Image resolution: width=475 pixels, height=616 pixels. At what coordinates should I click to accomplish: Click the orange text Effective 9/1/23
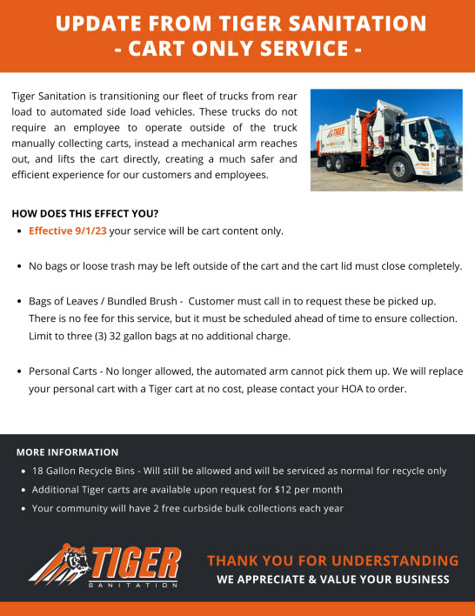[x=68, y=231]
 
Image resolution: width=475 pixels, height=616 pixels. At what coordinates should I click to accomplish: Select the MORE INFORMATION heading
[x=67, y=452]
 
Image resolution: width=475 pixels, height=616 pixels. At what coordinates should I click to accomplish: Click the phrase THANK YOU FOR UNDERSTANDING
[x=332, y=560]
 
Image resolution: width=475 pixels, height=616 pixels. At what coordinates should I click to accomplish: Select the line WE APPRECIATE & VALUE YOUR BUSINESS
[x=333, y=579]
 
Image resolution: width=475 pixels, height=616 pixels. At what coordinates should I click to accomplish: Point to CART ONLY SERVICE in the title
[x=237, y=49]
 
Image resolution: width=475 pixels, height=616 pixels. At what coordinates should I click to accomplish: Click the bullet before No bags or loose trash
[x=20, y=266]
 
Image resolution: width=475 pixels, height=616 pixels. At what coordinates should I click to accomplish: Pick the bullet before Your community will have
[x=23, y=509]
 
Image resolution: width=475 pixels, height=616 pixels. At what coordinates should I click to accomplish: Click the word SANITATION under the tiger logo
[x=135, y=585]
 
